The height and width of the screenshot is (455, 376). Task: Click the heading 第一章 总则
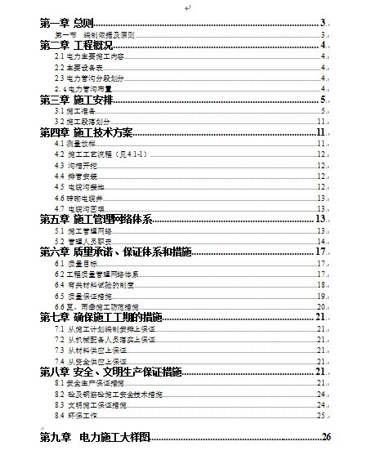pos(66,23)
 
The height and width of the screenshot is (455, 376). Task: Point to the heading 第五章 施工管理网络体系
pos(96,219)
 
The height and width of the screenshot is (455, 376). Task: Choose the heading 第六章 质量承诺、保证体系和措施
pos(115,252)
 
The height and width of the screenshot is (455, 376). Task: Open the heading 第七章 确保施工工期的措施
pos(101,317)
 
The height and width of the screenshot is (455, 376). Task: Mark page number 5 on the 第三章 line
pos(324,100)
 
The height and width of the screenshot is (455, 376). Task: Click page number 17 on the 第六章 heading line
pos(321,252)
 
